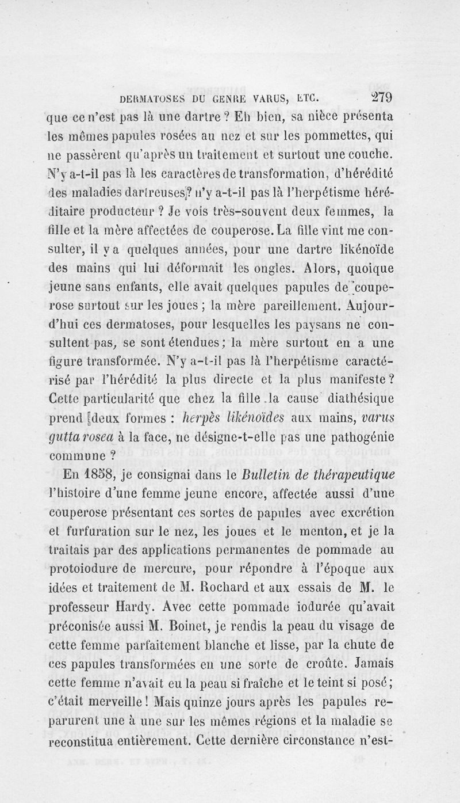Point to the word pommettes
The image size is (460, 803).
[329, 136]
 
